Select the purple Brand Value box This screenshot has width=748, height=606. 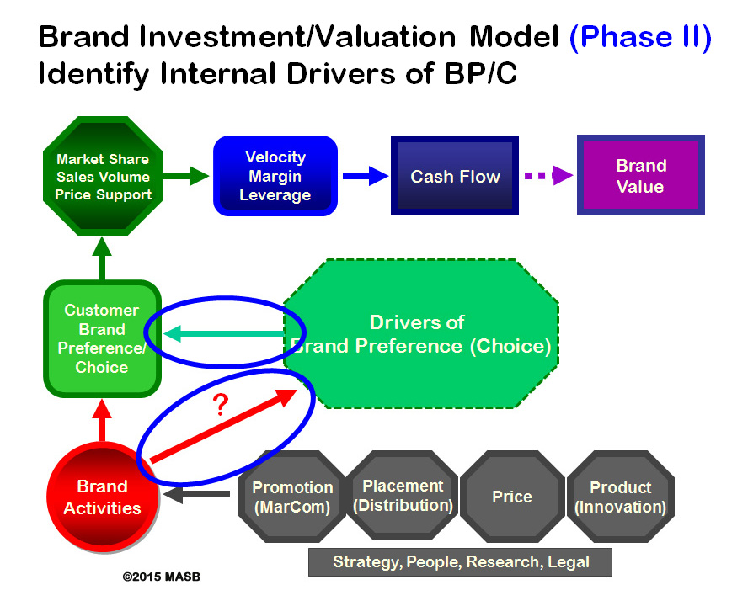click(x=641, y=175)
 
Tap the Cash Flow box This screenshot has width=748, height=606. click(x=455, y=175)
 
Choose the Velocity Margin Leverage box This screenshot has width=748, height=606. click(x=275, y=176)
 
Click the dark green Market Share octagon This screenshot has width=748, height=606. click(x=103, y=176)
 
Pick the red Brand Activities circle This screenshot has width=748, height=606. click(x=103, y=497)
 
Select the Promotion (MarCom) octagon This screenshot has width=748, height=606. click(x=292, y=497)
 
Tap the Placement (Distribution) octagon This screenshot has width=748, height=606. click(x=403, y=496)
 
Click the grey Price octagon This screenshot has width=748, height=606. click(x=512, y=497)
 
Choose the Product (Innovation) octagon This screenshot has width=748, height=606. click(x=620, y=497)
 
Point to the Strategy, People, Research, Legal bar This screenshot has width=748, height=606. click(x=461, y=562)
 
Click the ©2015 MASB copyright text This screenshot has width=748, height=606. click(x=161, y=577)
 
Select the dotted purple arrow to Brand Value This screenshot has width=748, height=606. click(x=548, y=175)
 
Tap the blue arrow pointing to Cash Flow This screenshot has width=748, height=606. click(x=366, y=176)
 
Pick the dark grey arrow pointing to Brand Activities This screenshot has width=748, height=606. click(x=197, y=494)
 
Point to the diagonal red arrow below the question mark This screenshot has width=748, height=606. click(x=224, y=425)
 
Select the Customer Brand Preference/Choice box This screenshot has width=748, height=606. click(x=102, y=338)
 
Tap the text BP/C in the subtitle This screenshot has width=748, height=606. click(x=480, y=74)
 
